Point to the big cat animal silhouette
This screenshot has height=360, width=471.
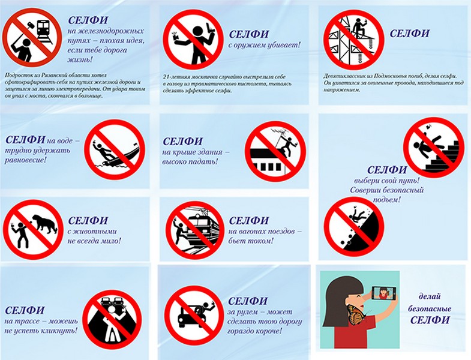(x=44, y=224)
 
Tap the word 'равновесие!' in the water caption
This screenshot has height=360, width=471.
(x=26, y=160)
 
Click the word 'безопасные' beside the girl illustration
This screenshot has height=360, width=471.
(x=430, y=308)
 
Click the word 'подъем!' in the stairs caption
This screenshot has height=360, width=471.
(x=387, y=200)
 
